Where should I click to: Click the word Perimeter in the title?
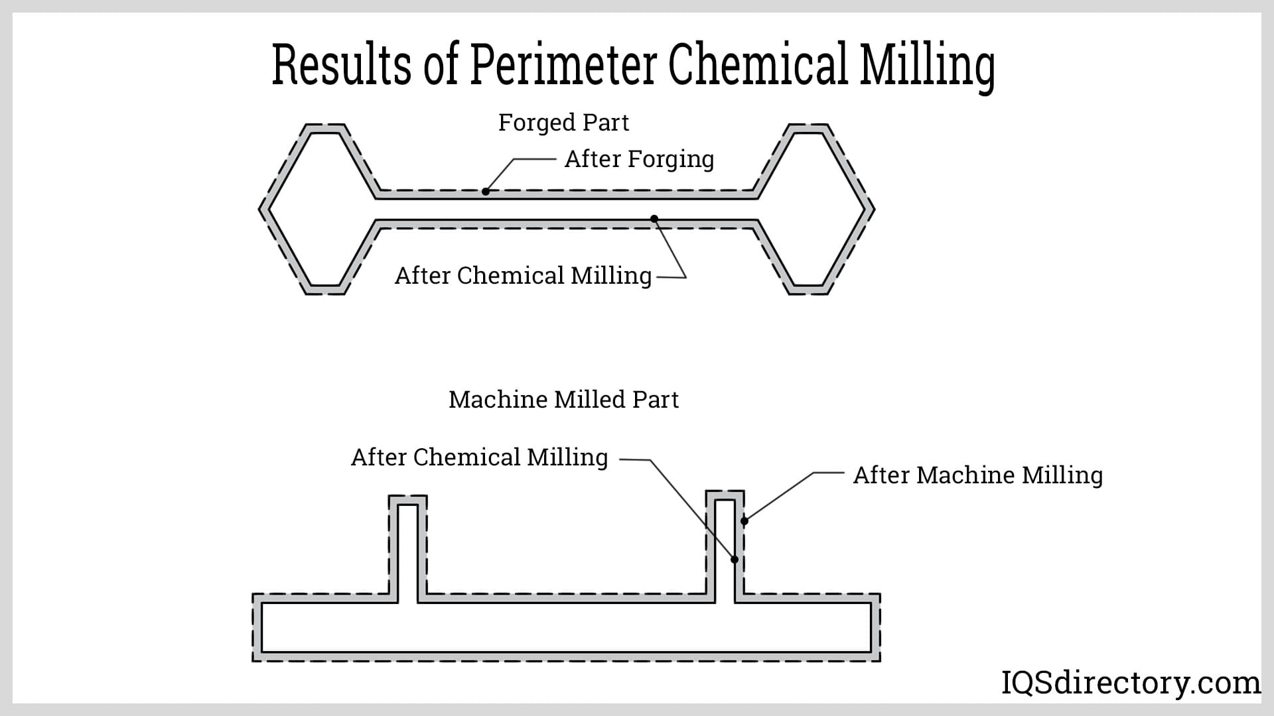pos(563,64)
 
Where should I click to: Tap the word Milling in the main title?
pos(927,66)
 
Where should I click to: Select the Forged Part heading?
pos(563,123)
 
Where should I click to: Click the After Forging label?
pos(639,159)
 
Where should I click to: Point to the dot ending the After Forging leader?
pos(486,192)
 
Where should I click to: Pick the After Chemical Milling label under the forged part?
pos(523,276)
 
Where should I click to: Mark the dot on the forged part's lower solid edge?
pos(654,219)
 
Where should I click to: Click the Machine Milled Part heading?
pos(563,400)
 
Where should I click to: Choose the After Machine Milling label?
pos(977,475)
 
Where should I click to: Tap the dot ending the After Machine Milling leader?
pos(744,521)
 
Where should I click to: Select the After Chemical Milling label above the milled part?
pos(479,457)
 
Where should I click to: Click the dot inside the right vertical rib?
pos(735,560)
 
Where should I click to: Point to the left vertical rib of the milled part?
pos(407,550)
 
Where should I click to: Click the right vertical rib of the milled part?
pos(725,544)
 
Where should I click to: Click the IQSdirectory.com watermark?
pos(1130,683)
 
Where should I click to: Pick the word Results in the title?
pos(342,64)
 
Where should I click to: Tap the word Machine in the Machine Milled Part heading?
pos(498,400)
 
